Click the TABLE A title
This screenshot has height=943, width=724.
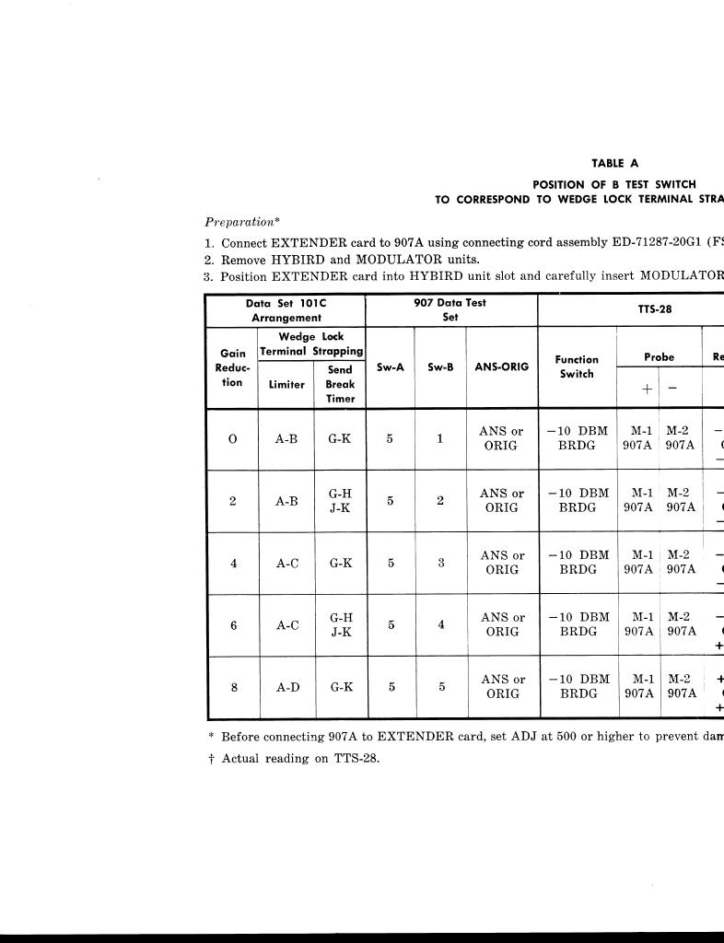[x=614, y=163]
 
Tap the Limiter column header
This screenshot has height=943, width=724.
[x=286, y=384]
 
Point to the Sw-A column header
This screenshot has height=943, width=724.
[x=391, y=367]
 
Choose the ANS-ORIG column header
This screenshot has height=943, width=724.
[x=502, y=367]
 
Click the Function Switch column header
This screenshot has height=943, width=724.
[x=577, y=367]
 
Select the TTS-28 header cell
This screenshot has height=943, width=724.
[x=654, y=309]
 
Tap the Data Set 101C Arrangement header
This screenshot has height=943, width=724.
[x=286, y=309]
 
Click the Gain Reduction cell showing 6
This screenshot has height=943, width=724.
[x=233, y=625]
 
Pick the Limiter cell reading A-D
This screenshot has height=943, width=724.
[x=286, y=687]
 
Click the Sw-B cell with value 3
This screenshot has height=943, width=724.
[x=441, y=563]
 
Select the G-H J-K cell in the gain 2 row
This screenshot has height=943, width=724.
[x=340, y=501]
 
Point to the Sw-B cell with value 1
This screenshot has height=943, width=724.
[x=440, y=438]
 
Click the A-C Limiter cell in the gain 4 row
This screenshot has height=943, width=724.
[x=286, y=563]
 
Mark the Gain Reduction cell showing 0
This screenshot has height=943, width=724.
[x=232, y=439]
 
